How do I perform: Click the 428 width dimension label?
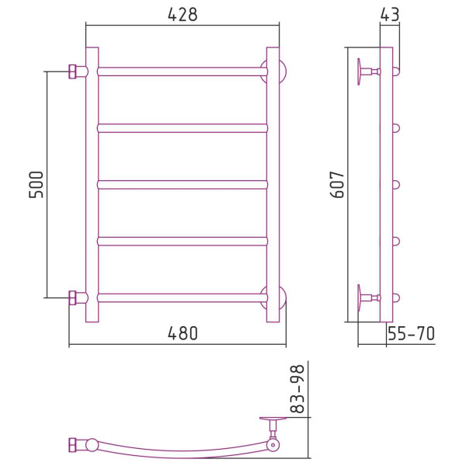[x=183, y=14]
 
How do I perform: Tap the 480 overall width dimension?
[x=183, y=333]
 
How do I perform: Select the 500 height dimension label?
[x=37, y=185]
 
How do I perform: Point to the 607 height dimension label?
[x=337, y=185]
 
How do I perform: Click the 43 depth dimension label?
[x=389, y=14]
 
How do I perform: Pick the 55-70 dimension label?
[x=412, y=333]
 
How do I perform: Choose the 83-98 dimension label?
[x=297, y=389]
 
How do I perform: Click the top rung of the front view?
[x=183, y=71]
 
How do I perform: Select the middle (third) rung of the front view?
[x=183, y=185]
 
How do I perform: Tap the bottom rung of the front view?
[x=183, y=297]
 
